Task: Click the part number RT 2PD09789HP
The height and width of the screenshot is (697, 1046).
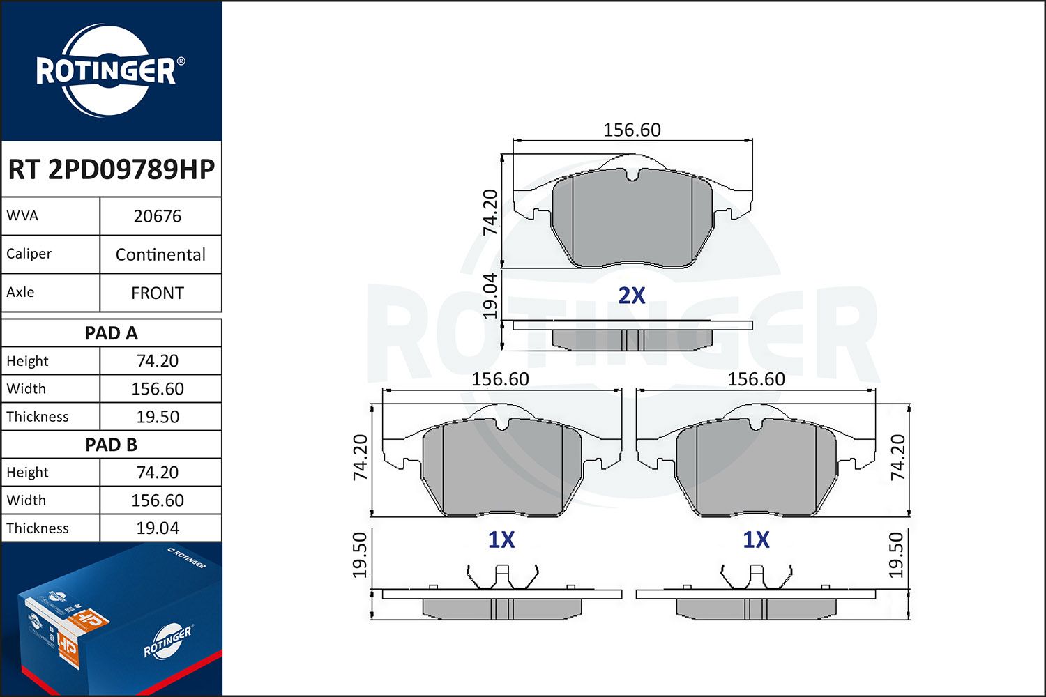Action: click(x=111, y=169)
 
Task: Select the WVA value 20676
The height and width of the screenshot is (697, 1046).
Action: click(x=158, y=216)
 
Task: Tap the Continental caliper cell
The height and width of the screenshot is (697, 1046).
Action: click(x=160, y=254)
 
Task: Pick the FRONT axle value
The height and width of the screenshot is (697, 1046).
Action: click(x=158, y=293)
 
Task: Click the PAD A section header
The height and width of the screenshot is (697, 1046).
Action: click(x=111, y=333)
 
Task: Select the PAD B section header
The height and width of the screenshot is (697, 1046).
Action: click(x=111, y=445)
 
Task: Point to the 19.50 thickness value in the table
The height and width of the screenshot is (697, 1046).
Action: click(x=158, y=417)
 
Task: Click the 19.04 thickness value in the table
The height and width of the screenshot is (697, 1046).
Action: click(x=158, y=528)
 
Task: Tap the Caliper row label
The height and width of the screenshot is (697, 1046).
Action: click(x=29, y=254)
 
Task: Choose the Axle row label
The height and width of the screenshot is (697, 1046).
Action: click(x=20, y=292)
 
